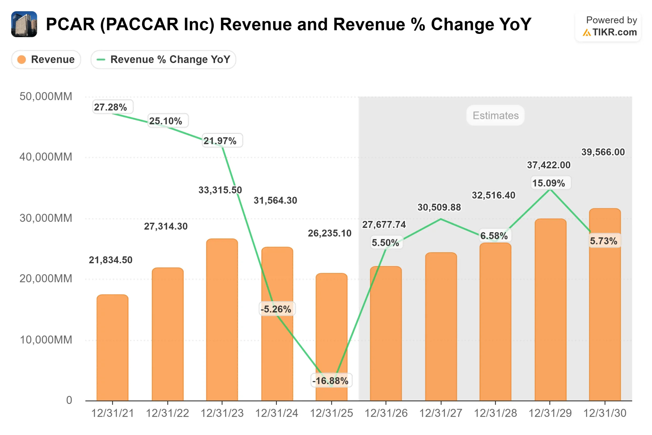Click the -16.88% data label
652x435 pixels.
tap(330, 381)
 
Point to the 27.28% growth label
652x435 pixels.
tap(110, 107)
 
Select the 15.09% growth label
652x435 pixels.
tap(548, 183)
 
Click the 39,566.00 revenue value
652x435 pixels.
tap(603, 152)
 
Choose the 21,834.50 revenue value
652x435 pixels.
tap(110, 260)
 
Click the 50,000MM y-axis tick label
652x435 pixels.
tap(46, 97)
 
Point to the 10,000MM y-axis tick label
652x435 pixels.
tap(46, 340)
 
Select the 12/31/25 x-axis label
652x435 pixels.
tap(331, 413)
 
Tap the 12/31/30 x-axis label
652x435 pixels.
tap(605, 413)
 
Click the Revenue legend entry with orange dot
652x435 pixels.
tap(46, 59)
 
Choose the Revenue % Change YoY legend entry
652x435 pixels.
tap(163, 59)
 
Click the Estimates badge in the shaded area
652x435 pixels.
tap(495, 115)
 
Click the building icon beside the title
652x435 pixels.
tap(24, 24)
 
